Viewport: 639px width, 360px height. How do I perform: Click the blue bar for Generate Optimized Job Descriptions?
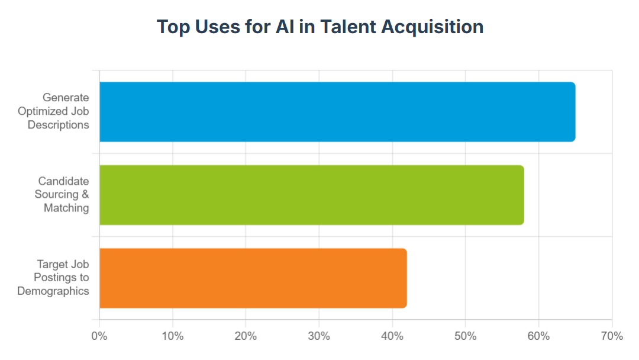pyautogui.click(x=337, y=112)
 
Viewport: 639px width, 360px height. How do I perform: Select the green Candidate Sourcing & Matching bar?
pyautogui.click(x=312, y=195)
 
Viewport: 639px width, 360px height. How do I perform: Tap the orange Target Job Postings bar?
pyautogui.click(x=253, y=278)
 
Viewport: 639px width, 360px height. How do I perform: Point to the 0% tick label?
pyautogui.click(x=99, y=336)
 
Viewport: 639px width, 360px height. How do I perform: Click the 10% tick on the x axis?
pyautogui.click(x=172, y=336)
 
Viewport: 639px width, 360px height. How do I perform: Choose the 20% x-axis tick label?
pyautogui.click(x=246, y=336)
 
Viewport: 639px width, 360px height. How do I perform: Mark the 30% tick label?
pyautogui.click(x=319, y=336)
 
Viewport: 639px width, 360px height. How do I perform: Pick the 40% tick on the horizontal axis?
pyautogui.click(x=392, y=336)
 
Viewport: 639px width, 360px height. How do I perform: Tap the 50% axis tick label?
pyautogui.click(x=466, y=336)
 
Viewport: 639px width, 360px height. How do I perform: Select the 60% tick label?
pyautogui.click(x=539, y=336)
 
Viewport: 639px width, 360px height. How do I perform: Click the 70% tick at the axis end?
pyautogui.click(x=612, y=336)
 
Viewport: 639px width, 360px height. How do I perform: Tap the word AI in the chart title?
pyautogui.click(x=285, y=27)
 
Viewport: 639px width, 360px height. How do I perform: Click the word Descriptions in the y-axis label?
pyautogui.click(x=58, y=125)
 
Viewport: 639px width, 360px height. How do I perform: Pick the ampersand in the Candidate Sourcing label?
pyautogui.click(x=85, y=194)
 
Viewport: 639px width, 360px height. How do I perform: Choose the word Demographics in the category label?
pyautogui.click(x=53, y=291)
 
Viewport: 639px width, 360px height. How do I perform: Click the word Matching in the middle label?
pyautogui.click(x=66, y=208)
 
